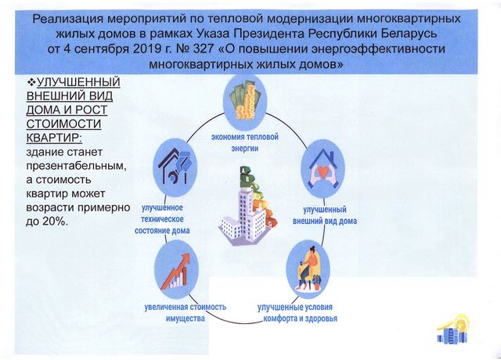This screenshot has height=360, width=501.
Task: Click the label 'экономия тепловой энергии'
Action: (x=244, y=143)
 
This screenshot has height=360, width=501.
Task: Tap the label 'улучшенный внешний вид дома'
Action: (x=330, y=215)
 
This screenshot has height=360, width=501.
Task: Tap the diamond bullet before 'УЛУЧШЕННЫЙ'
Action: (x=20, y=81)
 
